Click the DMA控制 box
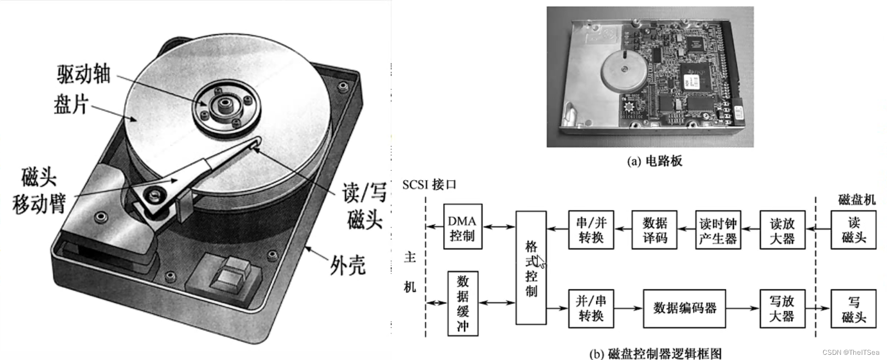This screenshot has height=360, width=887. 462,226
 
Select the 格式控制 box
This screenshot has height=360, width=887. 531,268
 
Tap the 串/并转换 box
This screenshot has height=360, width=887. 591,230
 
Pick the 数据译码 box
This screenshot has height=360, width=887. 654,230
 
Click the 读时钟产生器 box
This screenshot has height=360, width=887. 718,230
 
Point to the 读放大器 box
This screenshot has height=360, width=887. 782,230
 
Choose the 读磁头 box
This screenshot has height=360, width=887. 854,230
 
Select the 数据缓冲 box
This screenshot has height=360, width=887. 462,303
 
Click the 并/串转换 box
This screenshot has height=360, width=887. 591,308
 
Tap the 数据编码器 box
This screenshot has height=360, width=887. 684,308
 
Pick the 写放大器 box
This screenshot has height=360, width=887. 782,308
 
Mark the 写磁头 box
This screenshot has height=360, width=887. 854,308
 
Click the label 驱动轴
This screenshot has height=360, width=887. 84,74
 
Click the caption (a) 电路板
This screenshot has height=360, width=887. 654,161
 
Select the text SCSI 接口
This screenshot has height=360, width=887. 429,184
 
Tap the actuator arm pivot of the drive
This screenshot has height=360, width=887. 154,196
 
